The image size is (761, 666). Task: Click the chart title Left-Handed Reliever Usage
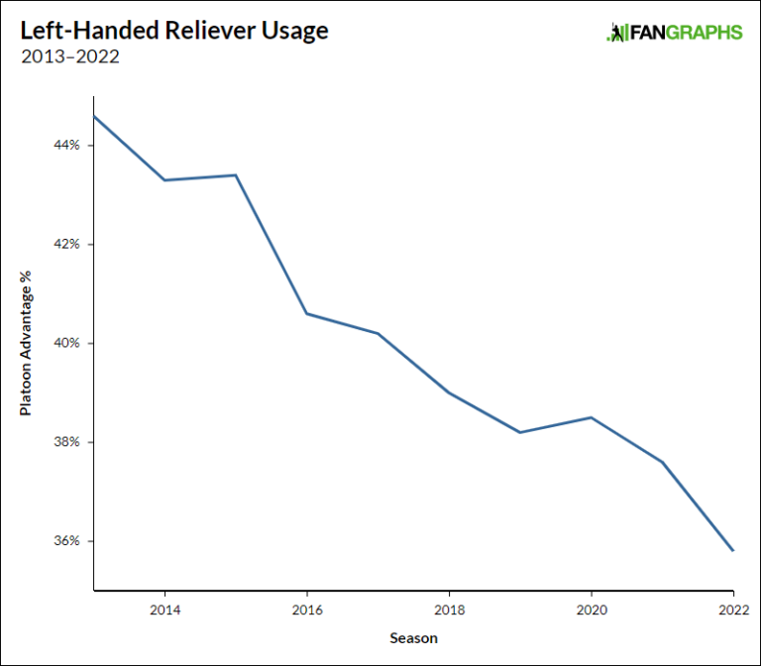pos(174,31)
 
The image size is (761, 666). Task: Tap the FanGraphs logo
pos(674,33)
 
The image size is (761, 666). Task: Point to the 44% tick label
pos(67,146)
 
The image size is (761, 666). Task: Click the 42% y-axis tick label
pos(67,245)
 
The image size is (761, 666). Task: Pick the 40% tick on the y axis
pos(67,344)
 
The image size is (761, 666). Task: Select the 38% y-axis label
pos(67,442)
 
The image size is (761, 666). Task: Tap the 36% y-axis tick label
pos(67,541)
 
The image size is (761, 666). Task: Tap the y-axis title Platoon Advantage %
pos(26,343)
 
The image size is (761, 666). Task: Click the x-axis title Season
pos(413,637)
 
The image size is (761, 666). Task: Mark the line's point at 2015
pos(236,175)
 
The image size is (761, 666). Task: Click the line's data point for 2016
pos(307,314)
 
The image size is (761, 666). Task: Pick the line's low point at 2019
pos(520,432)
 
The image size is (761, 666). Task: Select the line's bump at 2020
pos(592,417)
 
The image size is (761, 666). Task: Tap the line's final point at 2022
pos(733,551)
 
